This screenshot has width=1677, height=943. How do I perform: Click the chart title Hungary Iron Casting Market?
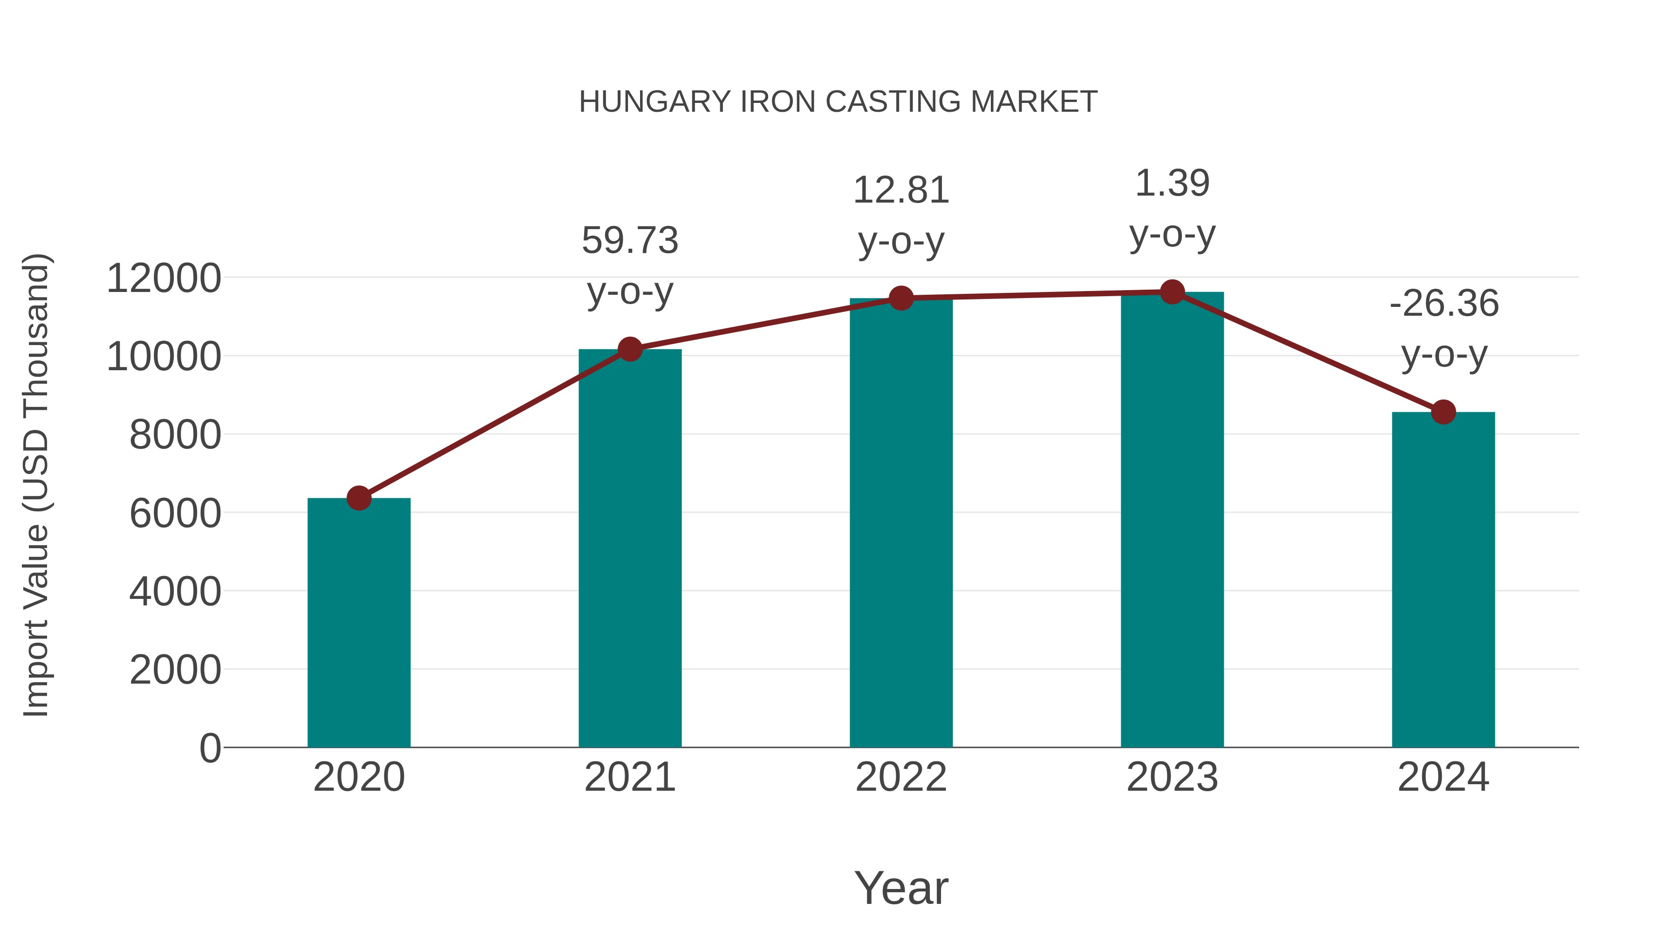(838, 102)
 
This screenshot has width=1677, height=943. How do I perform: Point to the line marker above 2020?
(359, 498)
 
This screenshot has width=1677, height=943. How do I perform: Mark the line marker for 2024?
(1443, 412)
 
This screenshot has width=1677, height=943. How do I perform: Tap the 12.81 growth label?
(901, 190)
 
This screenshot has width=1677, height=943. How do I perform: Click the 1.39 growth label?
(1172, 183)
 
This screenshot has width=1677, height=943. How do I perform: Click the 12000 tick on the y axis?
(164, 278)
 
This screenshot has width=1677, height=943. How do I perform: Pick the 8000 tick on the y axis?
(175, 435)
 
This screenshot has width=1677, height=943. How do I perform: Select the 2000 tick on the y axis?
(175, 670)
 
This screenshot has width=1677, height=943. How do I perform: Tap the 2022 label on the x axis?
(901, 777)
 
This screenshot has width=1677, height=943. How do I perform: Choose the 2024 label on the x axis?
(1443, 777)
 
